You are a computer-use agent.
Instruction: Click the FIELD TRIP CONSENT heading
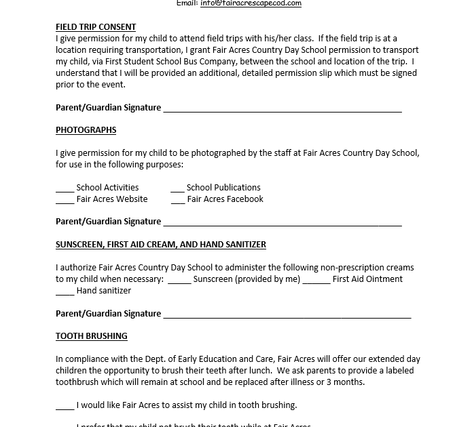pyautogui.click(x=96, y=27)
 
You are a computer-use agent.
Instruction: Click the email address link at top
pyautogui.click(x=251, y=3)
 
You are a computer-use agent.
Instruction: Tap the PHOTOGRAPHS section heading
pyautogui.click(x=86, y=130)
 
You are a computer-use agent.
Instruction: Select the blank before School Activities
pyautogui.click(x=65, y=188)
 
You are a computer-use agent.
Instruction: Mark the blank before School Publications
pyautogui.click(x=178, y=188)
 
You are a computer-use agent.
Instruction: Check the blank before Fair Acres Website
pyautogui.click(x=65, y=200)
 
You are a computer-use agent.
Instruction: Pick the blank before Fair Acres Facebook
pyautogui.click(x=178, y=200)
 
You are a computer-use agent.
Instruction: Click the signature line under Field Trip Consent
pyautogui.click(x=283, y=108)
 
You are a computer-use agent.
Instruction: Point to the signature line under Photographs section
pyautogui.click(x=283, y=222)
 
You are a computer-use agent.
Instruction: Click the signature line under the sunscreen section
pyautogui.click(x=287, y=314)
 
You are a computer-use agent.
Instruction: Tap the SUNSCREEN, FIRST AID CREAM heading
pyautogui.click(x=161, y=245)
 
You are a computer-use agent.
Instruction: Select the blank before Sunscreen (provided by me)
pyautogui.click(x=179, y=280)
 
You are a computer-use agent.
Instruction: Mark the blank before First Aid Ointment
pyautogui.click(x=316, y=280)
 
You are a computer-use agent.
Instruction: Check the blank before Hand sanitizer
pyautogui.click(x=65, y=291)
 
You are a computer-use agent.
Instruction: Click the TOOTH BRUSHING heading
pyautogui.click(x=92, y=336)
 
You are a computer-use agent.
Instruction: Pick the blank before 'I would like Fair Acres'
pyautogui.click(x=65, y=406)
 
